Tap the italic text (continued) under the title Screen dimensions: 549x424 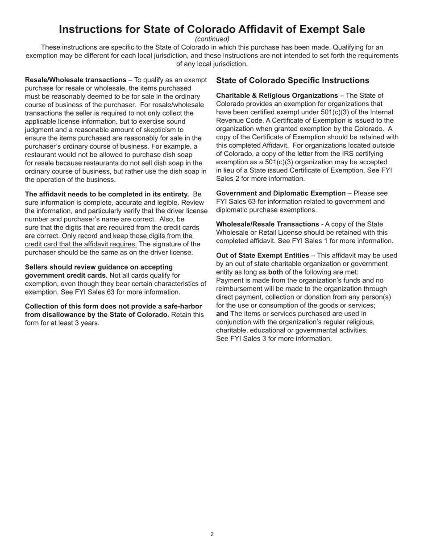[x=212, y=39]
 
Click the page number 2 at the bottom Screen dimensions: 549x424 [x=212, y=534]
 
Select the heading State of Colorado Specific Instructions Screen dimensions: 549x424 [x=292, y=80]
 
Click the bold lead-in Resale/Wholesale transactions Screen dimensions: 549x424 [x=75, y=80]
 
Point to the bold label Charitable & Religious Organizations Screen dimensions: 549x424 [x=277, y=96]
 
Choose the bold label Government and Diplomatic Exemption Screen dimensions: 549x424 [x=281, y=193]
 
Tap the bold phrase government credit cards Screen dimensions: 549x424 [x=66, y=275]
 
